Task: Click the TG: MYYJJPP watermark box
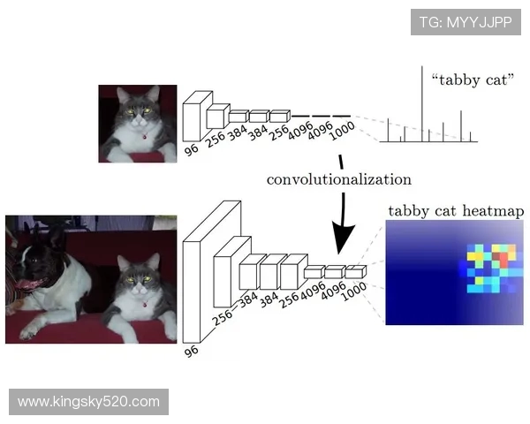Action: coord(466,22)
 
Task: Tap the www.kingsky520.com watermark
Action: coord(88,402)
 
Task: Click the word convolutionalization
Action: coord(339,179)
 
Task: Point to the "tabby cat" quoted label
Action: coord(473,80)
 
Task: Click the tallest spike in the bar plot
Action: coord(422,104)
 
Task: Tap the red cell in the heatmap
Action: coord(503,260)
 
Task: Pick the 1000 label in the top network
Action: coord(342,131)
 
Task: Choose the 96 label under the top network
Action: coord(192,149)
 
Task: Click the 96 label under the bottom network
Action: coord(192,352)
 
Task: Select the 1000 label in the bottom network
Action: coord(353,291)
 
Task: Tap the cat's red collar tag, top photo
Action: coord(145,137)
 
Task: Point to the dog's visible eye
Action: coord(34,261)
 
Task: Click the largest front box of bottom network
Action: coord(192,292)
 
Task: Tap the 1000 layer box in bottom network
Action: coord(355,272)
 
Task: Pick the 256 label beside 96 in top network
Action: coord(216,139)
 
